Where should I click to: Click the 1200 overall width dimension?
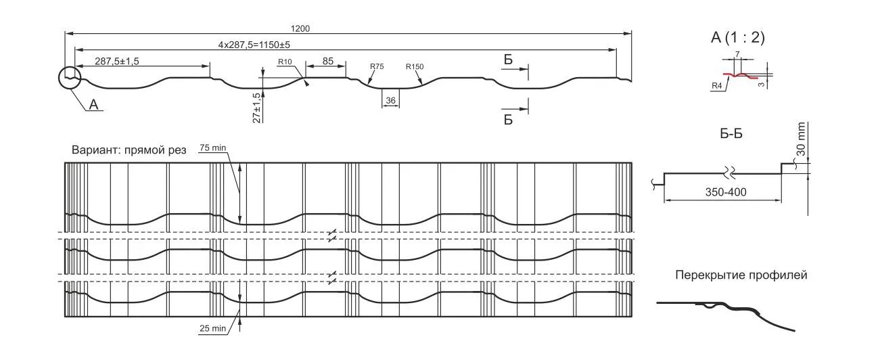pyautogui.click(x=300, y=28)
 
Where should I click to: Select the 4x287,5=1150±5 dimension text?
pyautogui.click(x=254, y=45)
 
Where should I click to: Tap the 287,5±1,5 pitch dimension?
pyautogui.click(x=117, y=61)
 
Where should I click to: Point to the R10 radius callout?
pyautogui.click(x=285, y=62)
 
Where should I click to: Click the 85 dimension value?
pyautogui.click(x=327, y=61)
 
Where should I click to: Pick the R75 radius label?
pyautogui.click(x=377, y=66)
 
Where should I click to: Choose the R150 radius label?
pyautogui.click(x=415, y=67)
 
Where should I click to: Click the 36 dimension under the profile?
pyautogui.click(x=390, y=100)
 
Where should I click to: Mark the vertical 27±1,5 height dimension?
pyautogui.click(x=256, y=108)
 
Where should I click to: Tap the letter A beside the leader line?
pyautogui.click(x=93, y=104)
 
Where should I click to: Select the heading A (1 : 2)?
pyautogui.click(x=738, y=37)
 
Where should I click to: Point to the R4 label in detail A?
pyautogui.click(x=716, y=85)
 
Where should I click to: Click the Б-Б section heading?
pyautogui.click(x=731, y=134)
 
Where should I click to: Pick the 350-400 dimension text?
pyautogui.click(x=726, y=192)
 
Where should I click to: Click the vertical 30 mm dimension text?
pyautogui.click(x=801, y=139)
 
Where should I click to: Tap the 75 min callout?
pyautogui.click(x=213, y=148)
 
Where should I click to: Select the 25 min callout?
pyautogui.click(x=213, y=328)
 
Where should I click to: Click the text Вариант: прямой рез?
pyautogui.click(x=129, y=150)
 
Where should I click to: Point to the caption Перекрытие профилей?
pyautogui.click(x=741, y=275)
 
